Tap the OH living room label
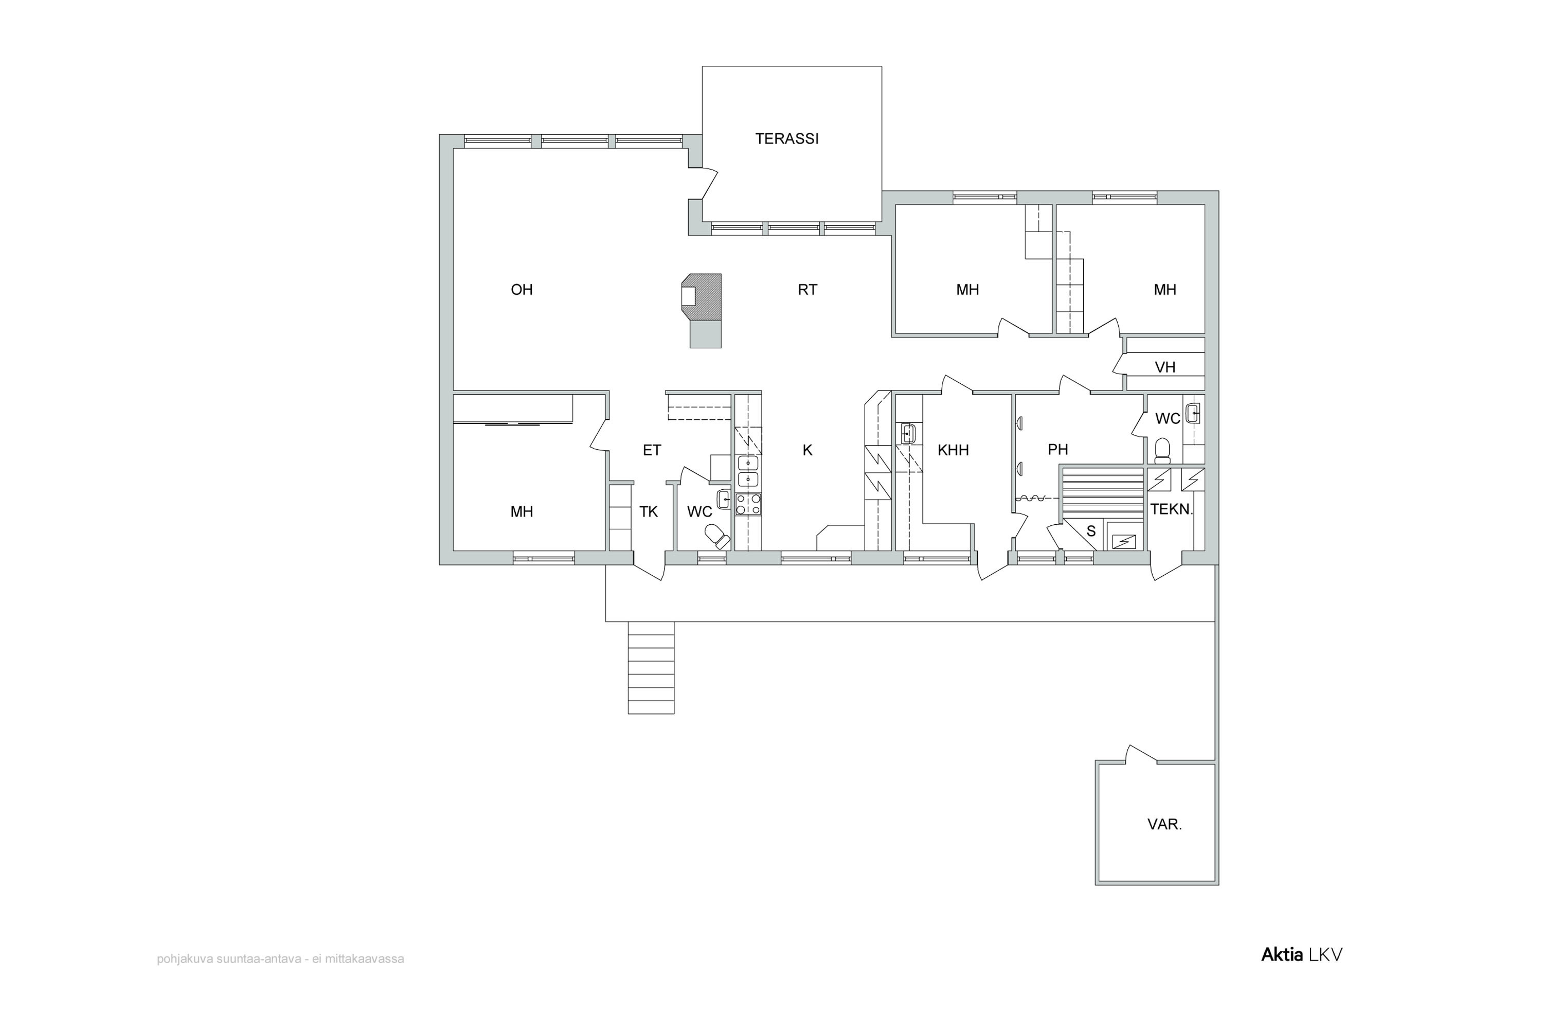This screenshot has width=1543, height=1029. pos(522,289)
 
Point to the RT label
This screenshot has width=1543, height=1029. pos(808,289)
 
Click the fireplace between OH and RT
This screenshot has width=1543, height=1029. pos(702,310)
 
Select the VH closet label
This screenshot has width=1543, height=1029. pos(1164,367)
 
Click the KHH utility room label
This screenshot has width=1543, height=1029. pos(953,450)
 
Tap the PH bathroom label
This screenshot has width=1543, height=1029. pos(1057,450)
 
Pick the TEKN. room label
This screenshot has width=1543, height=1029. pos(1172,509)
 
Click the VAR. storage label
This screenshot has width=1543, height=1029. pos(1164,824)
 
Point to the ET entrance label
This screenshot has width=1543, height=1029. pos(652,450)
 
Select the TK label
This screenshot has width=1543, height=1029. pos(649,512)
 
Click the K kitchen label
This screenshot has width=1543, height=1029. pos(808,450)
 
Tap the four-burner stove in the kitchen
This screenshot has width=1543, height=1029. pos(748,504)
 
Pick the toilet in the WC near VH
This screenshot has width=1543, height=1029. pos(1162,450)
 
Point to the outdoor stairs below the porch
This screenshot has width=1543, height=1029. pos(651,667)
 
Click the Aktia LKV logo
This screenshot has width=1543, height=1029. pos(1302,955)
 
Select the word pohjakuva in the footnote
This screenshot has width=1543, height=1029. pos(182,960)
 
